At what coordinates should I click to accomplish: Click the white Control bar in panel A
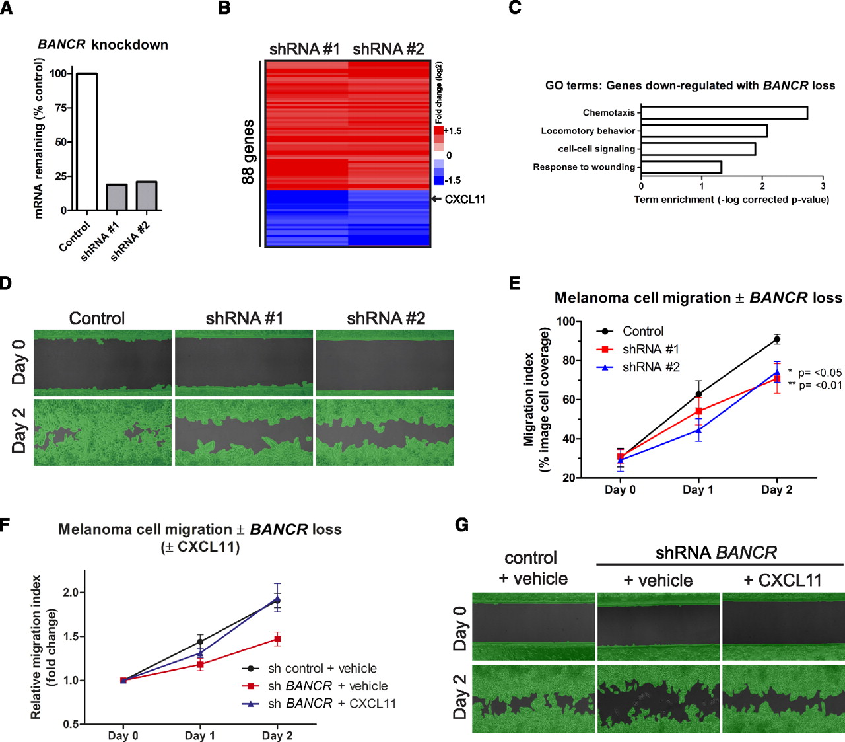87,142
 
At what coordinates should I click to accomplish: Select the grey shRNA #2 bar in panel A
147,196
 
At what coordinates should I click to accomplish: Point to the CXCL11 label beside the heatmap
465,199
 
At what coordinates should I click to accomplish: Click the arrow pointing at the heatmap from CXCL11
436,199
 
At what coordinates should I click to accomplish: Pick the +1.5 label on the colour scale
453,131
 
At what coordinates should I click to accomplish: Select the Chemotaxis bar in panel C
724,112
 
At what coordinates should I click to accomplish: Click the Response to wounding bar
681,167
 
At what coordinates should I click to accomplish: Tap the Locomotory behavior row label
588,131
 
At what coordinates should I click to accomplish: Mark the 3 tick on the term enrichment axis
823,186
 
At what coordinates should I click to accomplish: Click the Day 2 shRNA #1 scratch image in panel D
244,433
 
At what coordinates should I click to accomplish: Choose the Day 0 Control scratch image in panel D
103,363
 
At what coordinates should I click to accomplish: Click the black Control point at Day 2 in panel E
777,340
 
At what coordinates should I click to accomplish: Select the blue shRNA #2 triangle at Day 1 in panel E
698,430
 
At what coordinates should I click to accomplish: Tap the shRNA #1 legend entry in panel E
650,349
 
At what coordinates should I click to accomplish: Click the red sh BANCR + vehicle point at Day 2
278,639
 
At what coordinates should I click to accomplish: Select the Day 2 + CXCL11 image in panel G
783,699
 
